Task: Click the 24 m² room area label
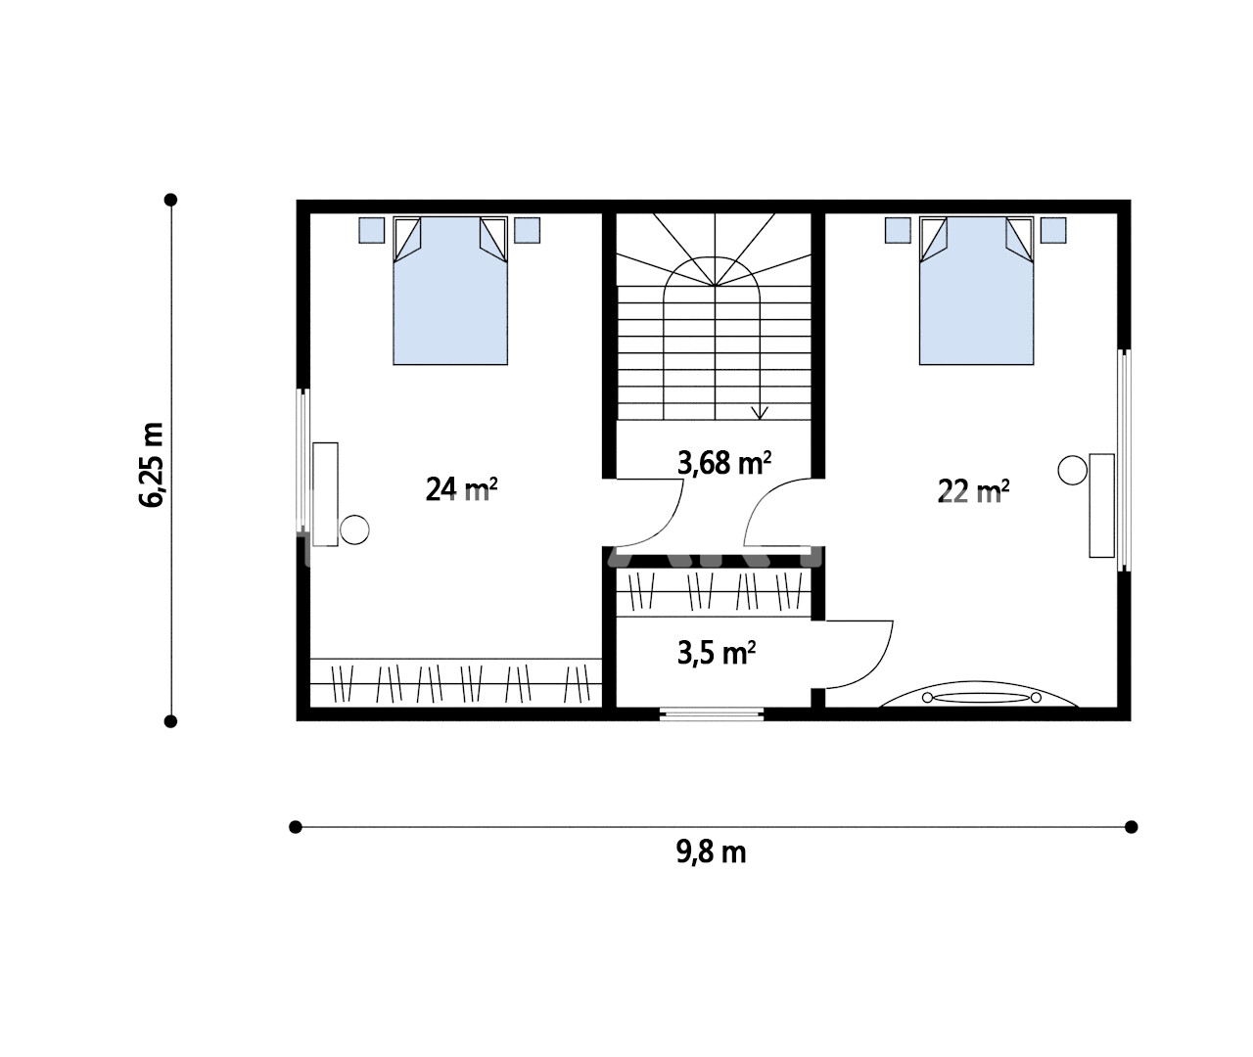coord(461,489)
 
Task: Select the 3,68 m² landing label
coord(724,463)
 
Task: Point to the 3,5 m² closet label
coord(717,653)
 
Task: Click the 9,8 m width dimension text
coord(711,852)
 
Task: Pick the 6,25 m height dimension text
coord(151,465)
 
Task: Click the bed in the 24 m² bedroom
coord(450,291)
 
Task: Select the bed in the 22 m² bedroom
coord(976,291)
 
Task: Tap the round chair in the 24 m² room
coord(354,529)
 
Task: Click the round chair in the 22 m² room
coord(1072,470)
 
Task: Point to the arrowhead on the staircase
coord(761,413)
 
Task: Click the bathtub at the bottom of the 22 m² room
coord(979,695)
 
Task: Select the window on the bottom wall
coord(712,713)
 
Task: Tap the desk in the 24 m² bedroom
coord(325,494)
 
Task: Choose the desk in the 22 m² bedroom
coord(1102,506)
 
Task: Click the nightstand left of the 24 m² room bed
coord(371,230)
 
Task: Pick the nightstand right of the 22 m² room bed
coord(1053,230)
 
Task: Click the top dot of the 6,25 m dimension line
coord(170,199)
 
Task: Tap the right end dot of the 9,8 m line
coord(1132,827)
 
